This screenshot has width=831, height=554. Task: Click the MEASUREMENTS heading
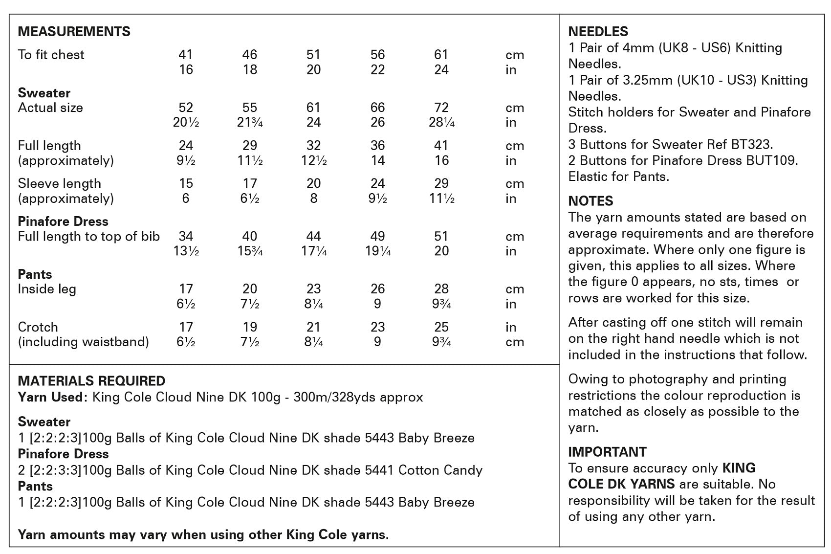(74, 32)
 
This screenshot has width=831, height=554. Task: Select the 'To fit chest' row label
(51, 55)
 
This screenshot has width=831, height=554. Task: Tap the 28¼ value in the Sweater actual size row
(441, 123)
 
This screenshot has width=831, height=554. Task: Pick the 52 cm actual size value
(186, 108)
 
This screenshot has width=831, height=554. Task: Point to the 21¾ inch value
(250, 123)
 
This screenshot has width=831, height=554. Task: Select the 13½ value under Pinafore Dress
(186, 251)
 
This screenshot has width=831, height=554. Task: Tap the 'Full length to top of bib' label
(88, 237)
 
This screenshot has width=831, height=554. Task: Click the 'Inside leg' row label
(47, 289)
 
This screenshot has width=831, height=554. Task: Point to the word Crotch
(38, 327)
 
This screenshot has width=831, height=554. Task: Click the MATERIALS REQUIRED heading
(91, 381)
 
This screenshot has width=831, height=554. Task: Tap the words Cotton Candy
(440, 470)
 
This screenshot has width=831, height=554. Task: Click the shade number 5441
(379, 470)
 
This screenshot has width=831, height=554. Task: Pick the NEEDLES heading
(598, 32)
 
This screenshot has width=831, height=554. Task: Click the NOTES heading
(590, 201)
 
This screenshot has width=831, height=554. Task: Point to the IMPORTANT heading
(607, 452)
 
